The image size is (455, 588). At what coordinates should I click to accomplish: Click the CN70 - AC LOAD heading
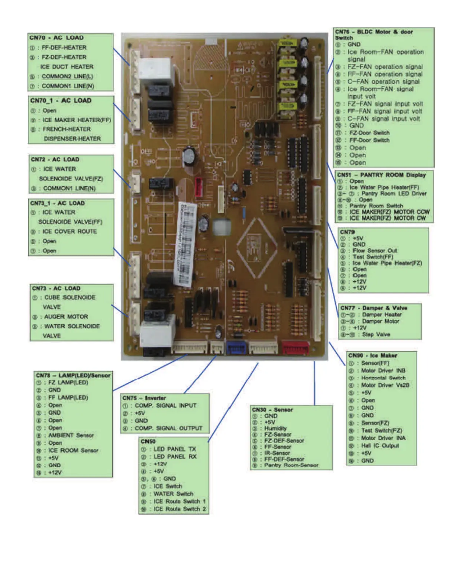[x=57, y=38]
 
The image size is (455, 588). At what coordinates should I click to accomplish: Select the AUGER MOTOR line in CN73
[x=66, y=317]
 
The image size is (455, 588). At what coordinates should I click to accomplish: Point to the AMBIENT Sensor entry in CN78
[x=71, y=435]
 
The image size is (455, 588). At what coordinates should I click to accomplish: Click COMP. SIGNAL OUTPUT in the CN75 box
[x=168, y=428]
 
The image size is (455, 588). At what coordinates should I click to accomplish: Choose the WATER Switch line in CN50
[x=173, y=494]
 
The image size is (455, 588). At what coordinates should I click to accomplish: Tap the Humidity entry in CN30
[x=275, y=428]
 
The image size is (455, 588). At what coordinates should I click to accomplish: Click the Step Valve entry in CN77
[x=376, y=334]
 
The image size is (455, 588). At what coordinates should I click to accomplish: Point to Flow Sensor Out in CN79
[x=375, y=251]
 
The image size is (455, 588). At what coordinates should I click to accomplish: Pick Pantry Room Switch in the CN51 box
[x=376, y=206]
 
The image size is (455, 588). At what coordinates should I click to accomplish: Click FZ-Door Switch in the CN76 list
[x=369, y=133]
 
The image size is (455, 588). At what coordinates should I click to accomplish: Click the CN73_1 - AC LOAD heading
[x=58, y=203]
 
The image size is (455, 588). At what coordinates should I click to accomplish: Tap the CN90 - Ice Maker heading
[x=372, y=355]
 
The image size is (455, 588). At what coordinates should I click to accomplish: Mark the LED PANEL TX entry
[x=174, y=449]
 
